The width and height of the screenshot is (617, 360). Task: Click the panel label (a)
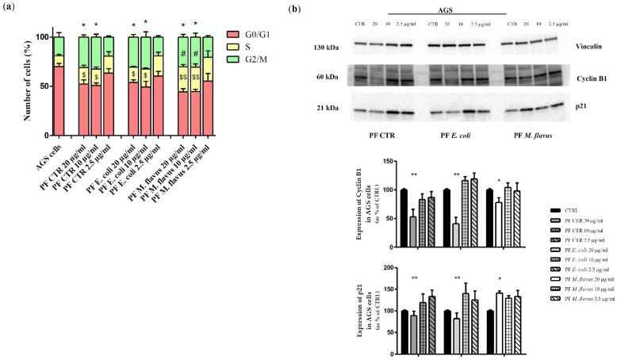pyautogui.click(x=9, y=8)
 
